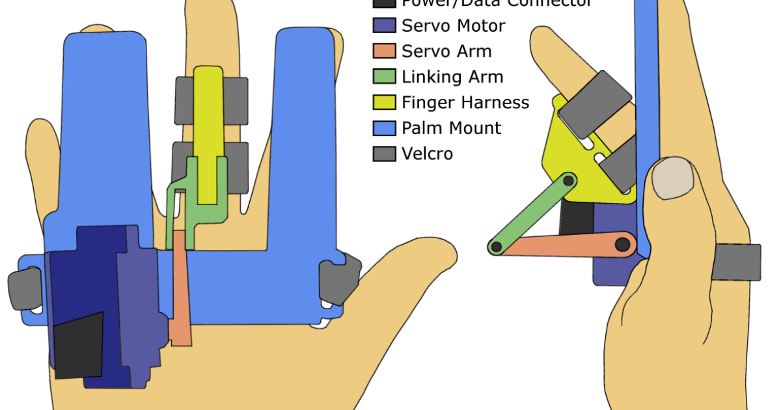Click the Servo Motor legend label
pos(453,26)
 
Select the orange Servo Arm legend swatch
pos(384,51)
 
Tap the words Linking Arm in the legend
pos(452,77)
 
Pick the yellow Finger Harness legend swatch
pos(384,102)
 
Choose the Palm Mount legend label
pos(451,128)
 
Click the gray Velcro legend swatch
pos(384,154)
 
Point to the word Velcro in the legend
pos(427,154)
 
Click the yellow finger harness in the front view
pos(208,130)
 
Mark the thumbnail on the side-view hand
pos(672,178)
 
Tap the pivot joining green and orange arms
pos(496,247)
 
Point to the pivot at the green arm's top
pos(569,180)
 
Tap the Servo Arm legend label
pos(446,51)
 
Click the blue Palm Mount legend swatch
pos(384,128)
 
